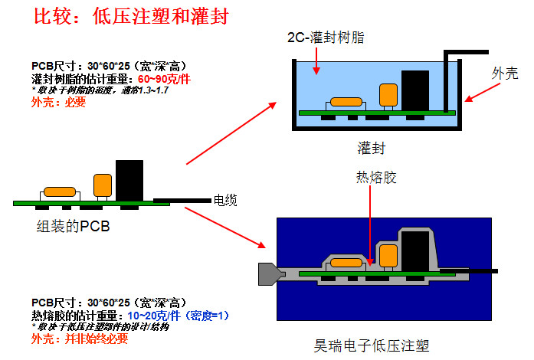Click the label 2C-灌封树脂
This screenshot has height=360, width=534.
pos(324,38)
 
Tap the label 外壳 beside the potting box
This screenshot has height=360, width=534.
pos(505,73)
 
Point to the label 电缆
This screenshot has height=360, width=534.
pos(225,201)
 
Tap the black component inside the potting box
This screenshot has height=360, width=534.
pos(415,90)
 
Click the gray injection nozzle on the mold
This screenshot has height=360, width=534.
pos(267,273)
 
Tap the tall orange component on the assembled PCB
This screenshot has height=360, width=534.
pos(102,185)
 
